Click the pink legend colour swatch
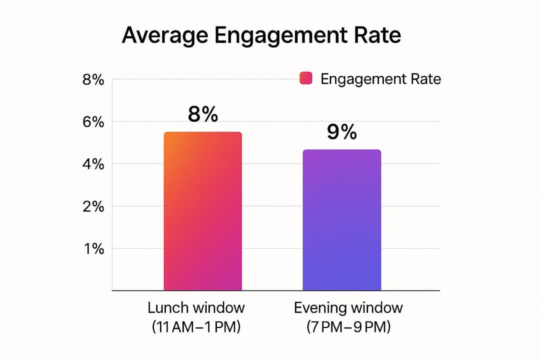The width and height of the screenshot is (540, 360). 305,78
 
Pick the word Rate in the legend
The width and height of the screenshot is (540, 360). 425,79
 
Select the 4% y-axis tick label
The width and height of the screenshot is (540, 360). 93,164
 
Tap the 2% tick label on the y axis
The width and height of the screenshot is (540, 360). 93,206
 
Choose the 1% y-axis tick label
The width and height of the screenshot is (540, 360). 93,248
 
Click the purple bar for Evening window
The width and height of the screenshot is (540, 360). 342,220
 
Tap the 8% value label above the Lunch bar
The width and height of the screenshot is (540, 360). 203,114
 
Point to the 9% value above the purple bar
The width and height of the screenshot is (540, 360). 342,132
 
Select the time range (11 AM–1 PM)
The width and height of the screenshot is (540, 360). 196,327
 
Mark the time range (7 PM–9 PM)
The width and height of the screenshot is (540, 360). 348,327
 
